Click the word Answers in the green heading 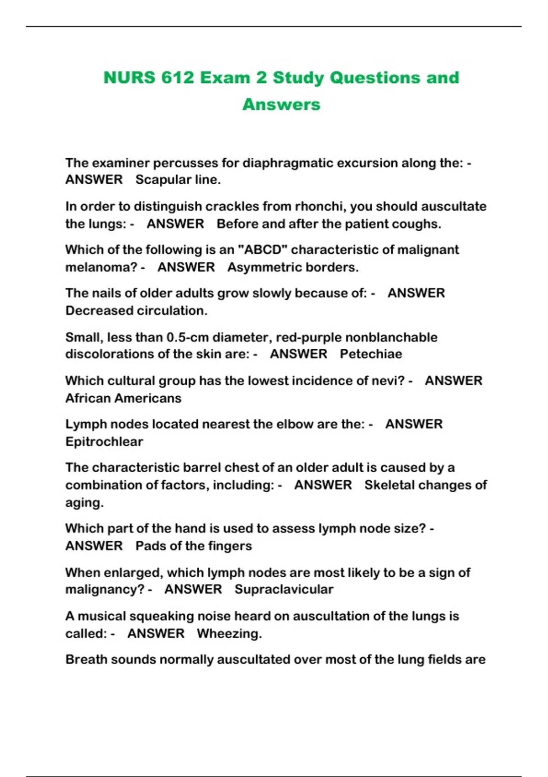281,105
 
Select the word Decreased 99,311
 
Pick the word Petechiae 371,354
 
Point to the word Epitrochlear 104,442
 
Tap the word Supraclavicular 284,590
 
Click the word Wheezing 229,634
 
